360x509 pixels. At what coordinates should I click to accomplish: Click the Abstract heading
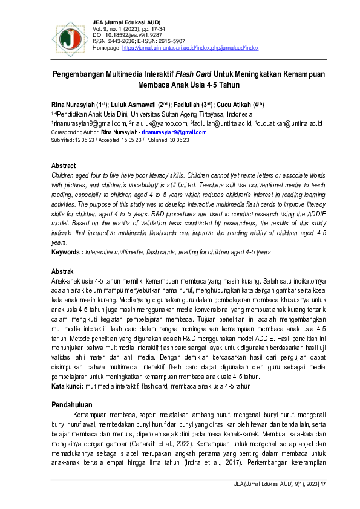(x=64, y=166)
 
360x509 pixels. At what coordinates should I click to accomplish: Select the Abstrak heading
(x=64, y=272)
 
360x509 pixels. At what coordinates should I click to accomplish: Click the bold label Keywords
(x=67, y=251)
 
